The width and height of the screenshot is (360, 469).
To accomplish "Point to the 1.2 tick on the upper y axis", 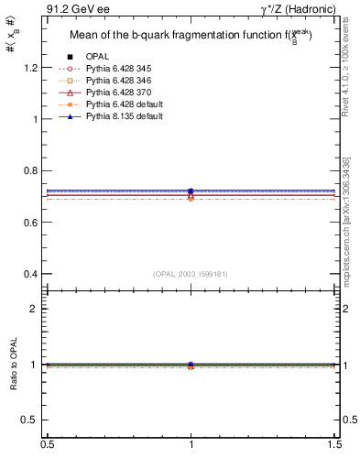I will [31, 68].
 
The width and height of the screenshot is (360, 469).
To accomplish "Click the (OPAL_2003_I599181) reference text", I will [191, 273].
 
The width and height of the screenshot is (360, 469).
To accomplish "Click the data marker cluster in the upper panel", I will [191, 193].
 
